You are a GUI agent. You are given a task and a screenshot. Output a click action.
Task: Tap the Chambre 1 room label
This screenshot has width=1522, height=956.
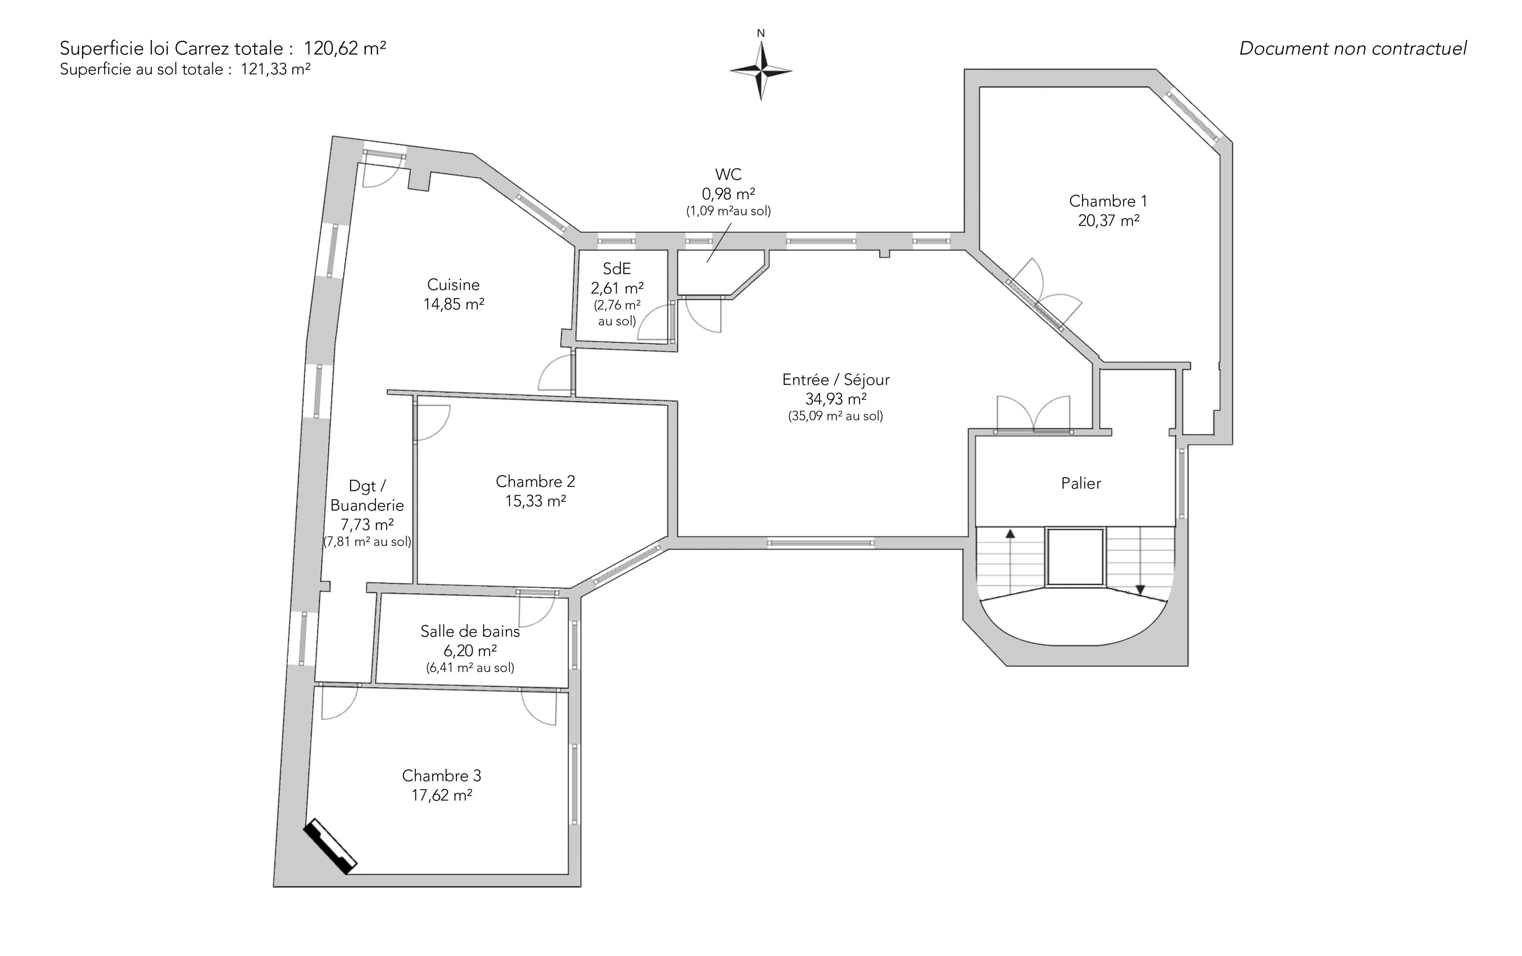click(1108, 210)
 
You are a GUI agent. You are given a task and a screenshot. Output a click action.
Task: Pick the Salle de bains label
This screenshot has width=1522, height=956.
click(470, 649)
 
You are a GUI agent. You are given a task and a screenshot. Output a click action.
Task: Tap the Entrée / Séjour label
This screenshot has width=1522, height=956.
click(836, 397)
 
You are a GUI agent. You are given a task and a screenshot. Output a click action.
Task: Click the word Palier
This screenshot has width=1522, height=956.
click(1081, 484)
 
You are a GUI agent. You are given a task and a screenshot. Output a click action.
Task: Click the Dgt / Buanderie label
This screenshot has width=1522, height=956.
click(367, 513)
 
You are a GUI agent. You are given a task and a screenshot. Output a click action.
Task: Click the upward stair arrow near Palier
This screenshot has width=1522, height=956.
click(1010, 561)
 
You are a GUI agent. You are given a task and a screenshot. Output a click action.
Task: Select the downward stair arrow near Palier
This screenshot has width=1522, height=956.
click(1140, 561)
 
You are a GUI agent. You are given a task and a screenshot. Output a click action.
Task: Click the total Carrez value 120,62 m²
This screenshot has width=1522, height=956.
click(345, 48)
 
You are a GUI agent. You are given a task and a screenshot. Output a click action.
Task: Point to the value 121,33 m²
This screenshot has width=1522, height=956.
click(276, 69)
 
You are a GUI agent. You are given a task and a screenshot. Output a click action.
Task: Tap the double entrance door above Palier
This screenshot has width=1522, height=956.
click(1033, 415)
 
